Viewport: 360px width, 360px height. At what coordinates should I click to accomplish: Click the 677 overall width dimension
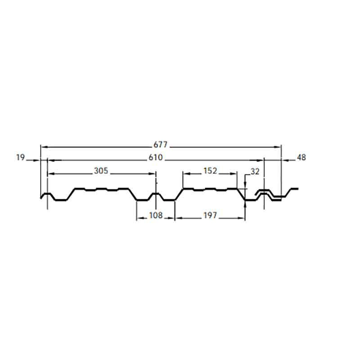[x=161, y=144]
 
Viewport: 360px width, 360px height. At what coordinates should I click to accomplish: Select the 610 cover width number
[x=156, y=157]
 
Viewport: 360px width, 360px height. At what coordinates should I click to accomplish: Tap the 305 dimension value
[x=101, y=171]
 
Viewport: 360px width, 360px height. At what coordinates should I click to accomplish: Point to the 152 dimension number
[x=210, y=171]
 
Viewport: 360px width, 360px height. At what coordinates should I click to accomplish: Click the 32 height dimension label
[x=255, y=171]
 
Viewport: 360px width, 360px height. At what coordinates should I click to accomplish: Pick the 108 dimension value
[x=156, y=216]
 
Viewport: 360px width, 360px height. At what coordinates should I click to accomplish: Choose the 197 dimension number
[x=210, y=216]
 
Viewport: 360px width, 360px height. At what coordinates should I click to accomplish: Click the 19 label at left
[x=20, y=157]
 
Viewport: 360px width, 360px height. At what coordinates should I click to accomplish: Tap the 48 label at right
[x=301, y=157]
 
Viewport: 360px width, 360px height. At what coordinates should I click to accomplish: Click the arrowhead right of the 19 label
[x=37, y=160]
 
